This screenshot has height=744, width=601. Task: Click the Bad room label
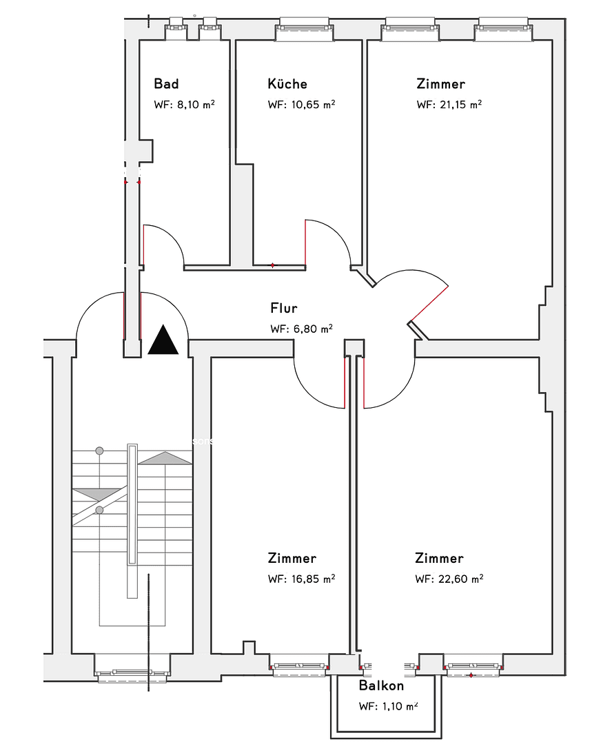click(x=166, y=84)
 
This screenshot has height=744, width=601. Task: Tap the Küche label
click(x=287, y=83)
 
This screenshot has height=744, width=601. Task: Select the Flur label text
click(x=284, y=308)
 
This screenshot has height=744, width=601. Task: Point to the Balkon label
click(x=381, y=685)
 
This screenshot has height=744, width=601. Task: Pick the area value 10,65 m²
click(x=313, y=105)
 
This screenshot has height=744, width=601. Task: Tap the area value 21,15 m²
click(x=460, y=105)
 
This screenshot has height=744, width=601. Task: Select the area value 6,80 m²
click(x=313, y=329)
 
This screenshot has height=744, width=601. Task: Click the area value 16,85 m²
click(x=313, y=579)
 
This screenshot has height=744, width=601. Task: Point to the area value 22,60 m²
click(x=460, y=579)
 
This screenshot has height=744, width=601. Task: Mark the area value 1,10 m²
click(x=400, y=706)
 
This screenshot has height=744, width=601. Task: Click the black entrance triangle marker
click(x=163, y=340)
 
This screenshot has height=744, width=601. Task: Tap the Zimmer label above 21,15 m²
click(x=440, y=83)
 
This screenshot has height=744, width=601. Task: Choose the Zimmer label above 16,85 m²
click(x=292, y=558)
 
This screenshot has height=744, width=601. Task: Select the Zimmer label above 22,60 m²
click(x=439, y=558)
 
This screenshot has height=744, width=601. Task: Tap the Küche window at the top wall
click(x=305, y=28)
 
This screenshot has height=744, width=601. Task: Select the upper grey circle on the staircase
click(x=99, y=451)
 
